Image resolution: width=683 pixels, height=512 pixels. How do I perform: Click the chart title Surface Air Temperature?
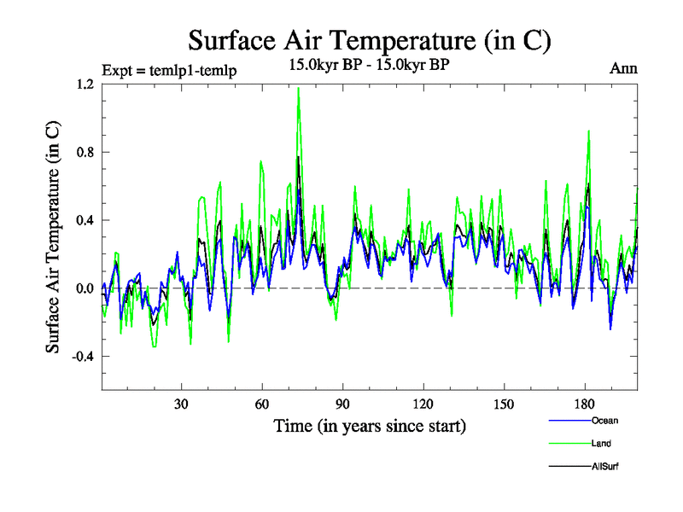[x=369, y=40]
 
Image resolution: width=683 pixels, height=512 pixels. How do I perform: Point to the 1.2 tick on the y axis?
[x=85, y=84]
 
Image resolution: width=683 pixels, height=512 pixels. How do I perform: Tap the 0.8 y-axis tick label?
[x=85, y=153]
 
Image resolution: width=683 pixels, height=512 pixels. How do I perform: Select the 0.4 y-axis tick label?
[x=85, y=220]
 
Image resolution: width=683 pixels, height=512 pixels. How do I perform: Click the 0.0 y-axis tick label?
[x=85, y=288]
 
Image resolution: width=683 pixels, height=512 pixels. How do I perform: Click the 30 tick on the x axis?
[x=182, y=404]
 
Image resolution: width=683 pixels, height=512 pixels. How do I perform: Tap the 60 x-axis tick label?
[x=262, y=404]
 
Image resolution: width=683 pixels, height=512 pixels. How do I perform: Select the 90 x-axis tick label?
[x=342, y=404]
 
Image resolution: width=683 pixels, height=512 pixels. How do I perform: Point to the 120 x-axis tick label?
[x=423, y=404]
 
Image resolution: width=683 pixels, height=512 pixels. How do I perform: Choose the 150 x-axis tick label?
[x=504, y=404]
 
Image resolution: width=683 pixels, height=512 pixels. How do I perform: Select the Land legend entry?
[x=601, y=444]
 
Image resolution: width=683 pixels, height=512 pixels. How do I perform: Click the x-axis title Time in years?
[x=369, y=425]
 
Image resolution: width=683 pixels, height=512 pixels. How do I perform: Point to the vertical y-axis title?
[x=53, y=237]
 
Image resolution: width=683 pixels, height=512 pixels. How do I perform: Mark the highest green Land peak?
[x=298, y=88]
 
